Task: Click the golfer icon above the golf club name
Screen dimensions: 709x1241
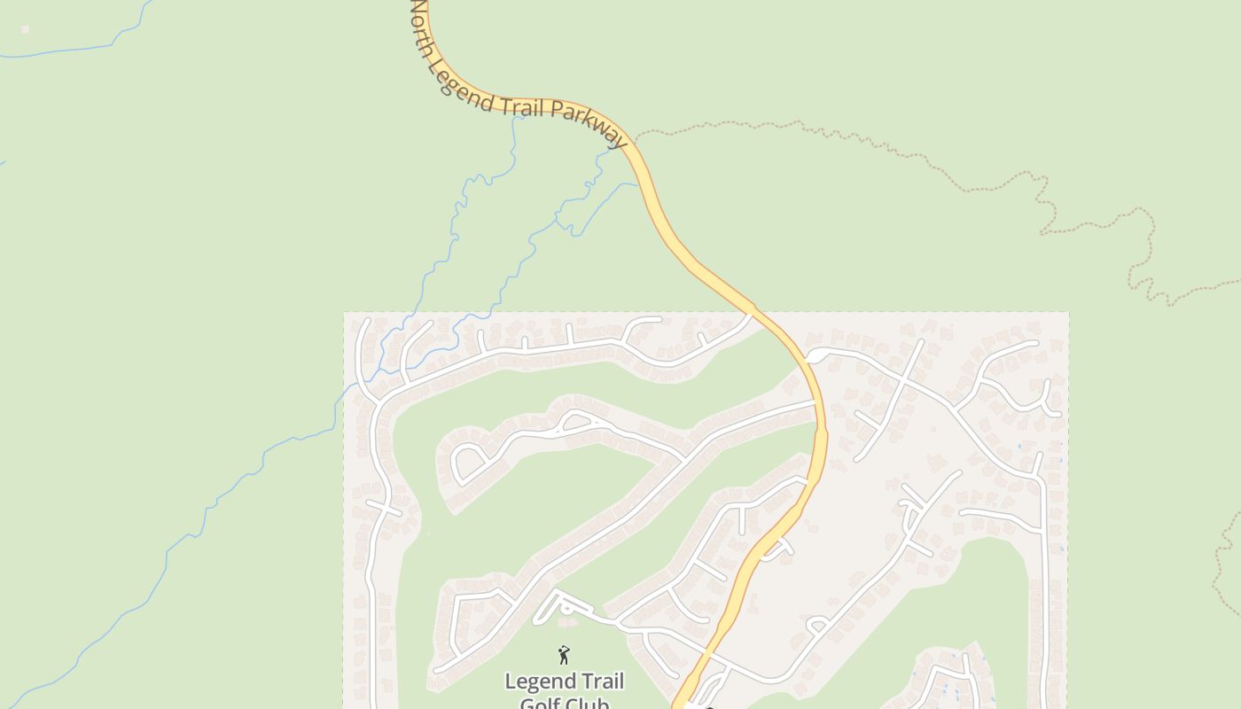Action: (564, 655)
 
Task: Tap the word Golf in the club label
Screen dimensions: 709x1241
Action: (539, 704)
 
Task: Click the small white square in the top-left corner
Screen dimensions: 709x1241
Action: (25, 29)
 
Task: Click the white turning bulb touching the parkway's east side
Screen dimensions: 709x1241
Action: (814, 355)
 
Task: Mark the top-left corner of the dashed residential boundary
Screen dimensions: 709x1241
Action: (344, 312)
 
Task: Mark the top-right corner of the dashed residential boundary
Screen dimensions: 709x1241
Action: (1068, 312)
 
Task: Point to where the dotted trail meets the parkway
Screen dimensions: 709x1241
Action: (635, 140)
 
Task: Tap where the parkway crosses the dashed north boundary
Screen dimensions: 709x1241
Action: (753, 312)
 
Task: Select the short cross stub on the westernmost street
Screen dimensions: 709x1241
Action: (385, 509)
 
